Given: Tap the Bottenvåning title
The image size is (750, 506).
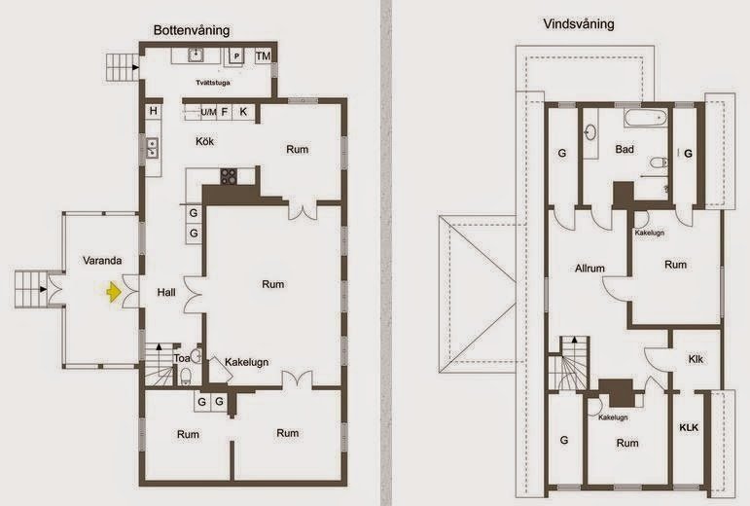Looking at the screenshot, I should (x=192, y=30).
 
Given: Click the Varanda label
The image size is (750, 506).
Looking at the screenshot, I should (x=100, y=261).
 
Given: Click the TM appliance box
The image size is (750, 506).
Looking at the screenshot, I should (x=263, y=56).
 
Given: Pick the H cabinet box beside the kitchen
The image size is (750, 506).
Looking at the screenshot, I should (x=154, y=112).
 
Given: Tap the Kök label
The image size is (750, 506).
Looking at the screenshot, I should (x=204, y=142).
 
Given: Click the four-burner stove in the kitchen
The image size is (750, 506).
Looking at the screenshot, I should (x=230, y=176).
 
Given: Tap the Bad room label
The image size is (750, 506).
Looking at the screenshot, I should (x=625, y=150).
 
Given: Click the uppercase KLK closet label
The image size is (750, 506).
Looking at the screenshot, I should (x=689, y=427).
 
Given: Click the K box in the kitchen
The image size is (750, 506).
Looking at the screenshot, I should (x=243, y=112).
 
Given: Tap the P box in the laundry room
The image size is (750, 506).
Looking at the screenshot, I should (x=236, y=57).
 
